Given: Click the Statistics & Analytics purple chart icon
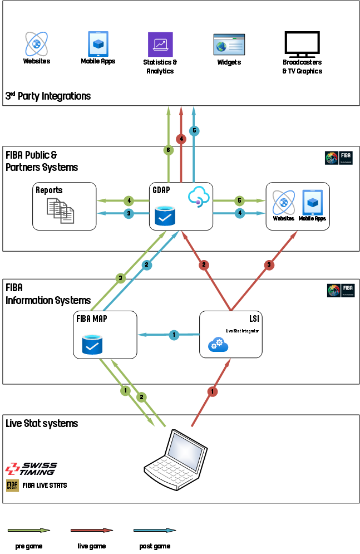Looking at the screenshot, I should click(160, 44).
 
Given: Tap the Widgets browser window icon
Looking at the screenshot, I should click(229, 45).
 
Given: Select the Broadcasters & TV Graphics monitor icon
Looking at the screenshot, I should click(302, 44).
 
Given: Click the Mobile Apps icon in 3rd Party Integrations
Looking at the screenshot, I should click(98, 43).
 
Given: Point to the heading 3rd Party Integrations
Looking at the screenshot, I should click(48, 96).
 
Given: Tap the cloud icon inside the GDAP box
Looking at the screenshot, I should click(198, 197).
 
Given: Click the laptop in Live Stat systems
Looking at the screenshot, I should click(173, 454).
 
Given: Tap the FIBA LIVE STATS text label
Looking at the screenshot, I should click(45, 486).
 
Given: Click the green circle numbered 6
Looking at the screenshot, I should click(168, 150).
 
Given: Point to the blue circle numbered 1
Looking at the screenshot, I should click(174, 335).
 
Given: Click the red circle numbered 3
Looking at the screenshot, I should click(269, 265).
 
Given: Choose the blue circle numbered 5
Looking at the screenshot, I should click(194, 131).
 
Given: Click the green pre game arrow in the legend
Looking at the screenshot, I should click(29, 531).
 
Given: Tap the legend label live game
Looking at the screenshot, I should click(91, 546).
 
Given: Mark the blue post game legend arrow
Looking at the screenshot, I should click(155, 531).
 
